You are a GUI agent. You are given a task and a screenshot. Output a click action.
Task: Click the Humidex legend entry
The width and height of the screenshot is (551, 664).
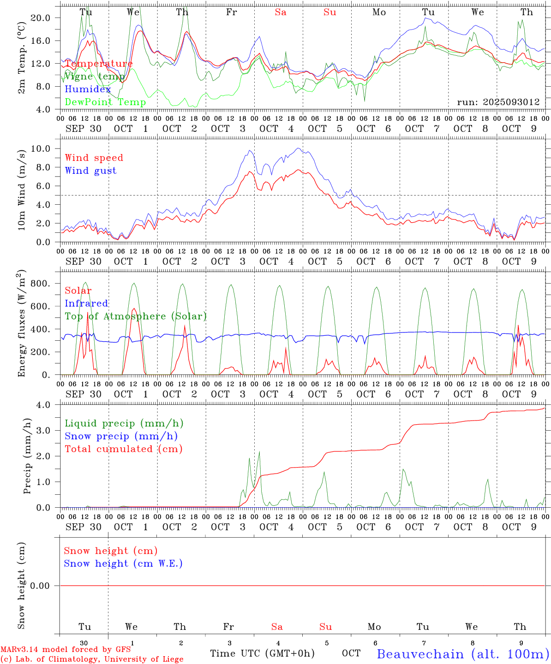pyautogui.click(x=88, y=89)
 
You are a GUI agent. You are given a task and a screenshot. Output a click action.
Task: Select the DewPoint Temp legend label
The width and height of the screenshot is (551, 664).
pyautogui.click(x=105, y=102)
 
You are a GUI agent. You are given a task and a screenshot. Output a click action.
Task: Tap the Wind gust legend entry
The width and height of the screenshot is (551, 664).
pyautogui.click(x=90, y=171)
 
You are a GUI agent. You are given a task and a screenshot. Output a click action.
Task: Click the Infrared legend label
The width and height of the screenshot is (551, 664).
pyautogui.click(x=86, y=303)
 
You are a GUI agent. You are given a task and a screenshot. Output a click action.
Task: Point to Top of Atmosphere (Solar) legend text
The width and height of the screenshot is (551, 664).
pyautogui.click(x=135, y=316)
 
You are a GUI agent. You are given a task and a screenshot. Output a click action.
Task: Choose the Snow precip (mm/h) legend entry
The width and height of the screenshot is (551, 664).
pyautogui.click(x=121, y=436)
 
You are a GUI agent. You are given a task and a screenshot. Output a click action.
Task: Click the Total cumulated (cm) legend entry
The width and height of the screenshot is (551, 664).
pyautogui.click(x=123, y=449)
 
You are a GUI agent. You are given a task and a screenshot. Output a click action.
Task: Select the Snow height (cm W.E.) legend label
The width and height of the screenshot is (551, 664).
pyautogui.click(x=123, y=563)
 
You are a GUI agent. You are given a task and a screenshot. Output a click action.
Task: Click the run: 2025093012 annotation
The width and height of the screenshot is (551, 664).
pyautogui.click(x=498, y=102)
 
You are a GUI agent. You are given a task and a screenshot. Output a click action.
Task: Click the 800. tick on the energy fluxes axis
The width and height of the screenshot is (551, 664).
pyautogui.click(x=40, y=283)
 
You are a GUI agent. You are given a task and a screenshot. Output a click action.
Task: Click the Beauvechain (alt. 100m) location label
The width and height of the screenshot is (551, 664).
pyautogui.click(x=463, y=654)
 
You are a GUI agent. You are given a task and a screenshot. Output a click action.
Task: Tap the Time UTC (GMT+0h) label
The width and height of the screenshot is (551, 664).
pyautogui.click(x=262, y=653)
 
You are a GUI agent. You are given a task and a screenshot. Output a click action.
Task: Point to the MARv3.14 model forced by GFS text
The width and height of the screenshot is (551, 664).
pyautogui.click(x=66, y=649)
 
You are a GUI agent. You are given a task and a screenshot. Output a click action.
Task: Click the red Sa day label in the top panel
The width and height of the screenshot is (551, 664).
pyautogui.click(x=281, y=12)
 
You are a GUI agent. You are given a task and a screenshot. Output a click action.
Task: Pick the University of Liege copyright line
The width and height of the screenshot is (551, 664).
pyautogui.click(x=92, y=659)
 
